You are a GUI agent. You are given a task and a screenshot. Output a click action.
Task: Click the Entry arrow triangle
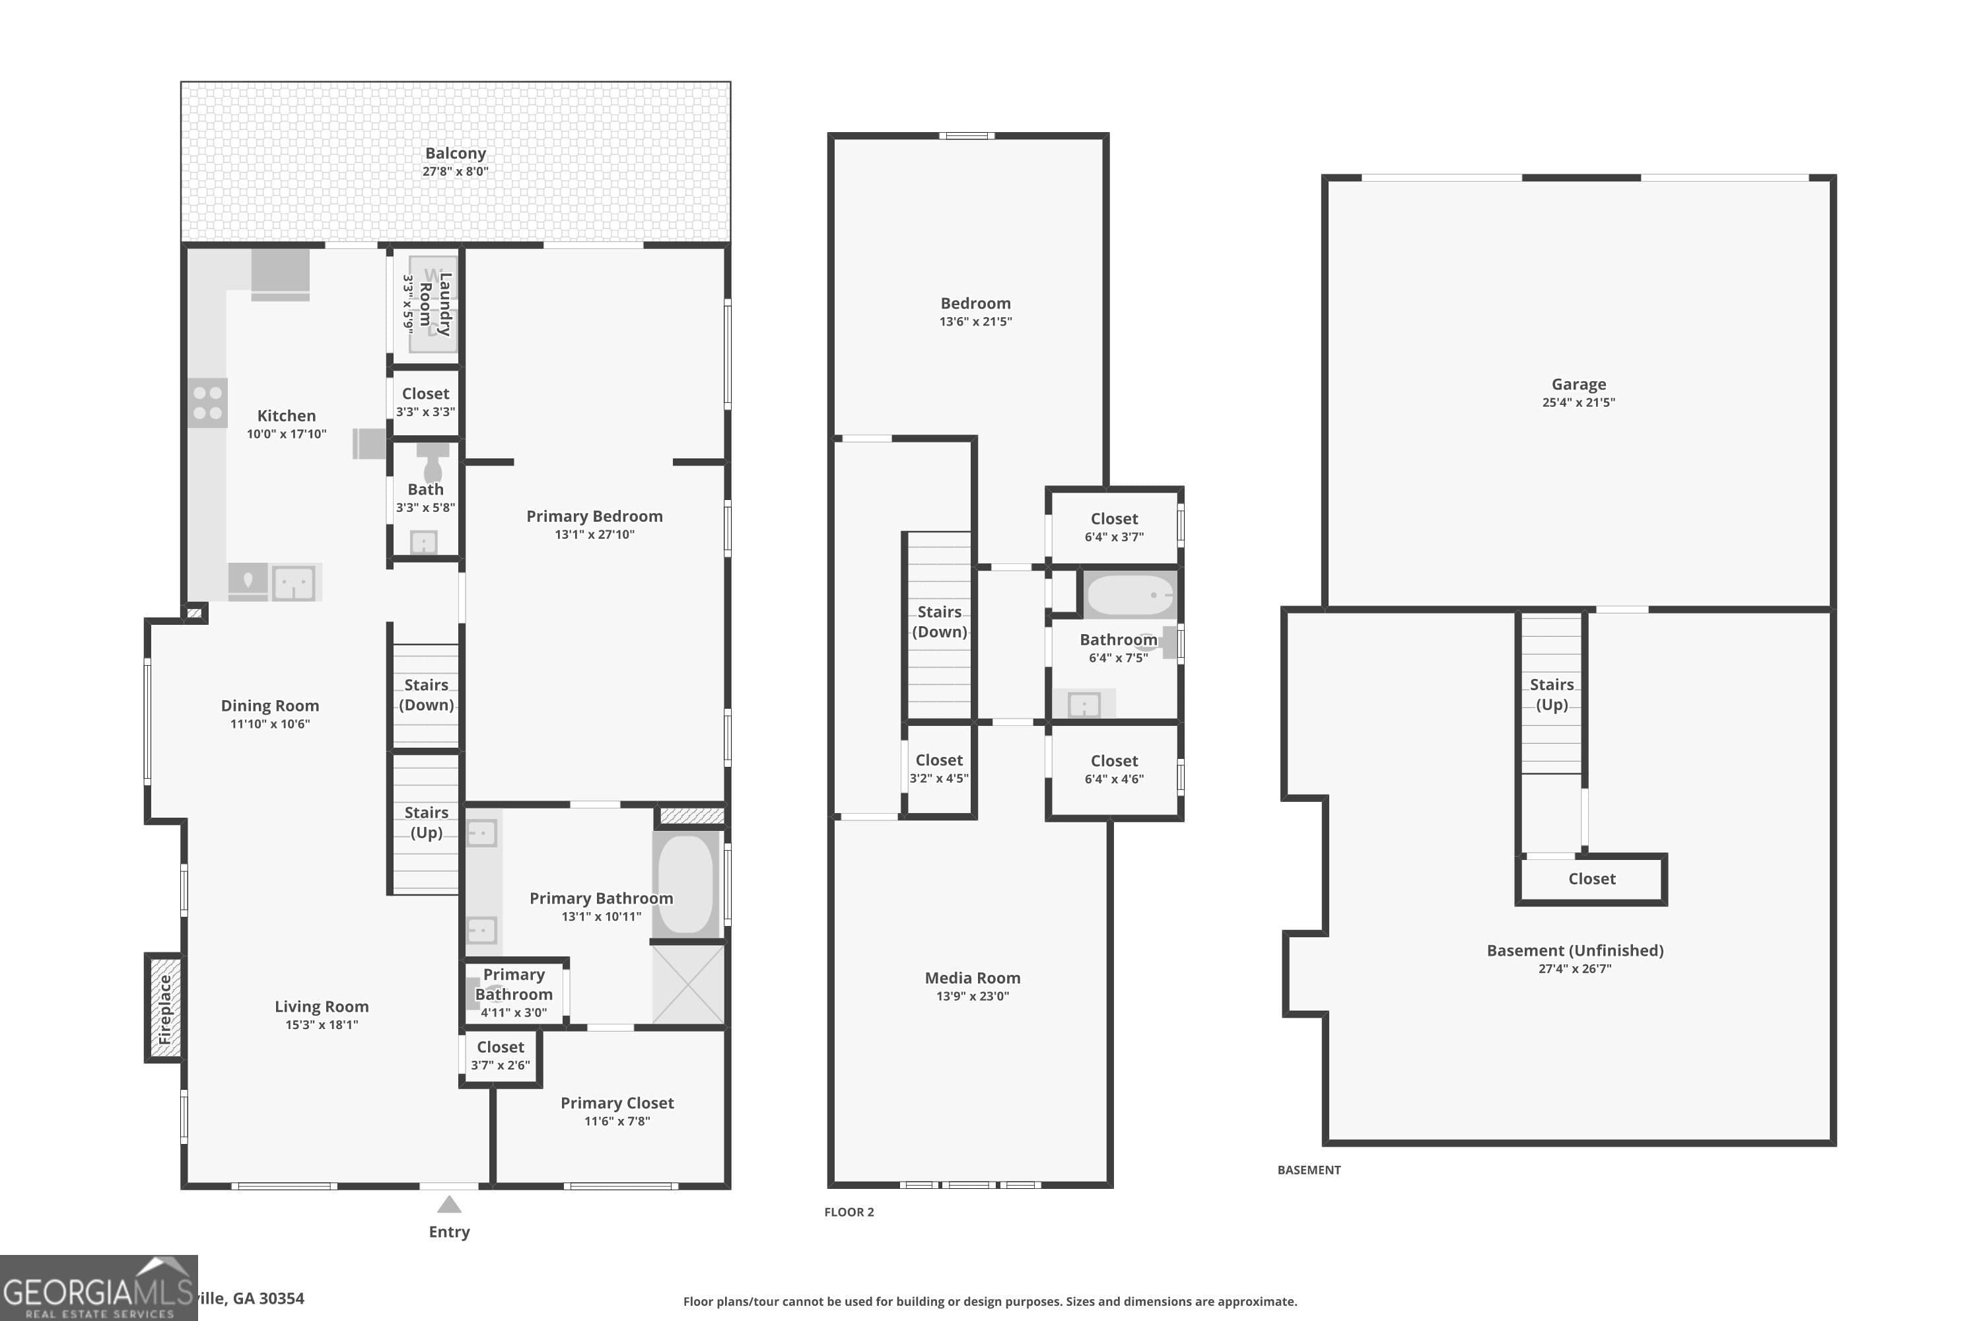tap(449, 1205)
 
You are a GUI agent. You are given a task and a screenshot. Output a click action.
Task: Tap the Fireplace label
tap(165, 1009)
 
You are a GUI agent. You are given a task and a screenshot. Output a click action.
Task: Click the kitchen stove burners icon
tap(207, 403)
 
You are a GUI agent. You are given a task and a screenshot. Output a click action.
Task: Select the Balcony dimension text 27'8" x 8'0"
tap(455, 171)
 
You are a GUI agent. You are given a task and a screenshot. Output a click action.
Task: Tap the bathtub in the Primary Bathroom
tap(685, 884)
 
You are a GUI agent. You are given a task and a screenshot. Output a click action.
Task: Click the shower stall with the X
tap(688, 984)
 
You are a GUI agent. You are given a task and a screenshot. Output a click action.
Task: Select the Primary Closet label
tap(617, 1103)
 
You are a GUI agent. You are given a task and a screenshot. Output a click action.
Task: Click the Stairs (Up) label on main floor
tap(426, 822)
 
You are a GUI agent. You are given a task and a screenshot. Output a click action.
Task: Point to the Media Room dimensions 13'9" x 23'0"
tap(972, 996)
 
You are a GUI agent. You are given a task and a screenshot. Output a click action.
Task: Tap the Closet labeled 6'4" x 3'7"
tap(1113, 526)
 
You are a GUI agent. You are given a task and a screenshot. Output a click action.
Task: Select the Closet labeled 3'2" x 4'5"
tap(938, 768)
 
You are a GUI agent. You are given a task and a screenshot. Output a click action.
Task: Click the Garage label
tap(1578, 384)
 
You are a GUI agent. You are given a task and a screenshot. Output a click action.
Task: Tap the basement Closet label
tap(1591, 878)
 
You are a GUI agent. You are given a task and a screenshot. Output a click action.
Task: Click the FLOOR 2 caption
tap(849, 1211)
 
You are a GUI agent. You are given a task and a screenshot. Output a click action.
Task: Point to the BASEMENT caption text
tap(1309, 1169)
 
